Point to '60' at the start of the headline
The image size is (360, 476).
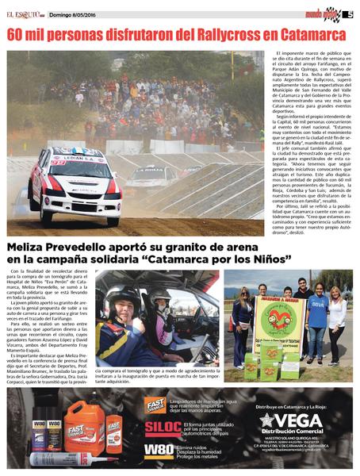17,36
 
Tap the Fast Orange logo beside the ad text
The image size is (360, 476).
155,404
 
